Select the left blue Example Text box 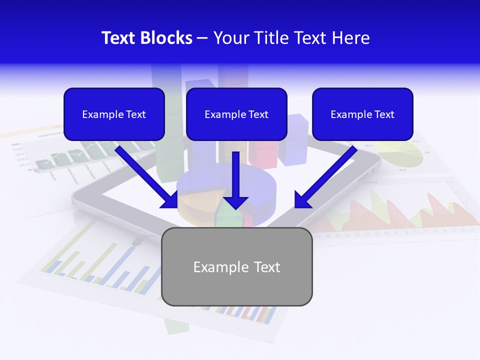point(114,114)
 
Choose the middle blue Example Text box point(236,114)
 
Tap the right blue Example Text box point(362,114)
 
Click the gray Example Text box point(236,266)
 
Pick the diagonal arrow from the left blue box point(145,175)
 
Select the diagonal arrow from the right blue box point(327,175)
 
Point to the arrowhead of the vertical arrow point(235,202)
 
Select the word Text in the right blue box point(384,114)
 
